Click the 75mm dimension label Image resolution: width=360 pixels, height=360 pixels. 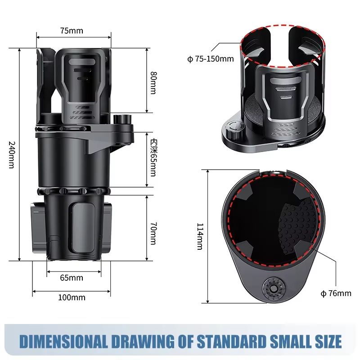(x=72, y=31)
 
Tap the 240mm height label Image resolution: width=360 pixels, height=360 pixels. (x=13, y=155)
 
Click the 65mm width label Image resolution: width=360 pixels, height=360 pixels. (x=72, y=278)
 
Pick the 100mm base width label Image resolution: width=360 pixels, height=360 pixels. (x=72, y=297)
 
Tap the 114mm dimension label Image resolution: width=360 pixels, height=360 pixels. (x=200, y=236)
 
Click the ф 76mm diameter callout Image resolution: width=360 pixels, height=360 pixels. (x=336, y=294)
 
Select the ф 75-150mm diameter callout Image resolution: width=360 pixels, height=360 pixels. (x=211, y=59)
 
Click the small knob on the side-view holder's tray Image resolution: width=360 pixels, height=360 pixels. (x=122, y=121)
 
